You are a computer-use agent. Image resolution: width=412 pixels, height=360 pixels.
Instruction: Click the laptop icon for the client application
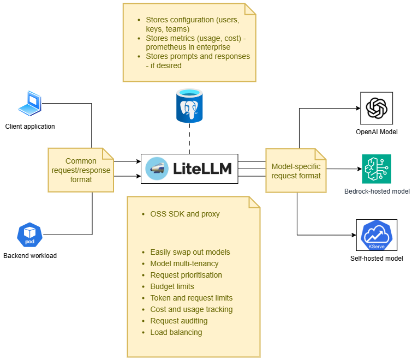point(29,104)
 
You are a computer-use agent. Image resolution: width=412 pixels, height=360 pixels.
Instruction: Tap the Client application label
point(30,127)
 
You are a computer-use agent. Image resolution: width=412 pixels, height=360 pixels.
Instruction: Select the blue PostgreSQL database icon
point(189,106)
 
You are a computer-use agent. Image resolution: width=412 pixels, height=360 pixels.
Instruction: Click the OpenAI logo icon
point(377,108)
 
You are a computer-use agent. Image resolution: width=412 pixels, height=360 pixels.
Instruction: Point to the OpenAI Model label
point(377,132)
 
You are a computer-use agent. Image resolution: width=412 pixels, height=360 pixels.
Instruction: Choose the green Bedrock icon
point(377,169)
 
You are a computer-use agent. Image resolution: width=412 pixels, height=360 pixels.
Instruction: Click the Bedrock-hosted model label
point(377,191)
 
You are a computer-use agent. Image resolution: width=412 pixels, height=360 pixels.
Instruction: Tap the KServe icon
point(377,235)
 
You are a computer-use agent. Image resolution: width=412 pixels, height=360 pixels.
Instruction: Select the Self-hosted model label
point(377,259)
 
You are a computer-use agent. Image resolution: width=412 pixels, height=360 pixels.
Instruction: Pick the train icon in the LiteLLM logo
point(157,169)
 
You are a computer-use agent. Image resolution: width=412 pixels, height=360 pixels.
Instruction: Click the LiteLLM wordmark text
point(201,169)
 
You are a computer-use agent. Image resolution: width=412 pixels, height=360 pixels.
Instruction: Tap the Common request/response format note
point(81,170)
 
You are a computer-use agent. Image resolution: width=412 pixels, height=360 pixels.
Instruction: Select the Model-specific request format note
point(296,170)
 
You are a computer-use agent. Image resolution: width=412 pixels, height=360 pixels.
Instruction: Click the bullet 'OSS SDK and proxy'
point(185,214)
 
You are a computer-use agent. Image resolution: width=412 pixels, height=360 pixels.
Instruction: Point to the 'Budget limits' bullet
point(172,286)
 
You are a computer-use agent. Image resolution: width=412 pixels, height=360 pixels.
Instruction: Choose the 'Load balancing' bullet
point(176,332)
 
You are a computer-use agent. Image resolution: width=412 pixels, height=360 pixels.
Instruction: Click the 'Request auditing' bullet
point(178,321)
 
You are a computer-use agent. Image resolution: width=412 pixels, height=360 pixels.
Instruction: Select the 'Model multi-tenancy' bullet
point(184,263)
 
